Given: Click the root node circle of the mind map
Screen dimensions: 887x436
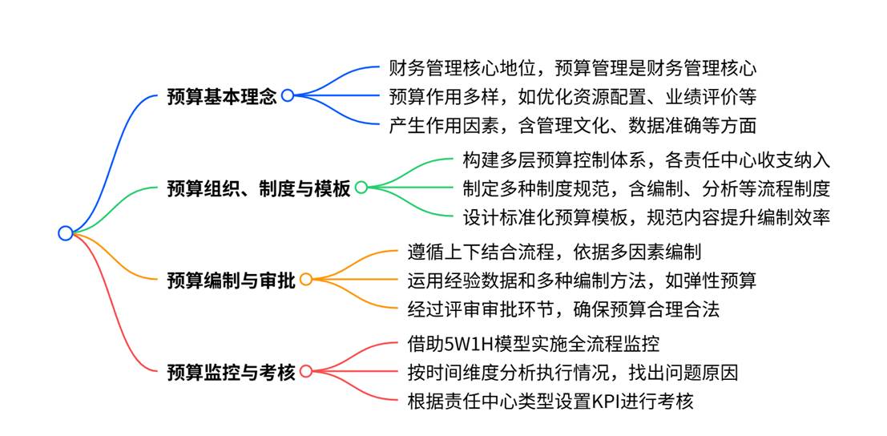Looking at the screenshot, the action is (x=66, y=233).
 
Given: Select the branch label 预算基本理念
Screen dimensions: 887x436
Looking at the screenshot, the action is (x=222, y=96).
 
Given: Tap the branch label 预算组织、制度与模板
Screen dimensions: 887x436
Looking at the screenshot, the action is (x=258, y=188).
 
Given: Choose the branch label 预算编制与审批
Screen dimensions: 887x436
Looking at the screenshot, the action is (x=231, y=281).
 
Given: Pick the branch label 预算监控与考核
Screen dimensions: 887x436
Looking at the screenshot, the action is (x=231, y=372).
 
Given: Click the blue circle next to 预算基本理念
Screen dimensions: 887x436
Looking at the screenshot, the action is (x=288, y=95).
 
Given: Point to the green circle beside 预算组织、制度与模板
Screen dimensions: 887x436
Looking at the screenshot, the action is (x=361, y=188).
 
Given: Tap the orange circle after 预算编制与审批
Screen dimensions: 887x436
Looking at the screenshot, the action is (x=306, y=280).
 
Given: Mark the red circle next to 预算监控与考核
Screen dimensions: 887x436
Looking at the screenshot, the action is (x=306, y=372).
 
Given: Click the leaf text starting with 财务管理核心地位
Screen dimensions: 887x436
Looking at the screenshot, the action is (x=572, y=68).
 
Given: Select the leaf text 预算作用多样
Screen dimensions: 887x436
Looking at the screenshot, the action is (x=572, y=96).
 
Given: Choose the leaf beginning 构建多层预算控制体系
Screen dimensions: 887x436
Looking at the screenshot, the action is (x=646, y=160).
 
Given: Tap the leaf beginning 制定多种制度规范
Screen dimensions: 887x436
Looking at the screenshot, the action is (x=646, y=188).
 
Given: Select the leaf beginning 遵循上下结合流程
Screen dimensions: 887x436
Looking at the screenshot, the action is (x=554, y=252).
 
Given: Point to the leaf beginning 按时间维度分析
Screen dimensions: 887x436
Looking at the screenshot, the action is (x=572, y=373).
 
